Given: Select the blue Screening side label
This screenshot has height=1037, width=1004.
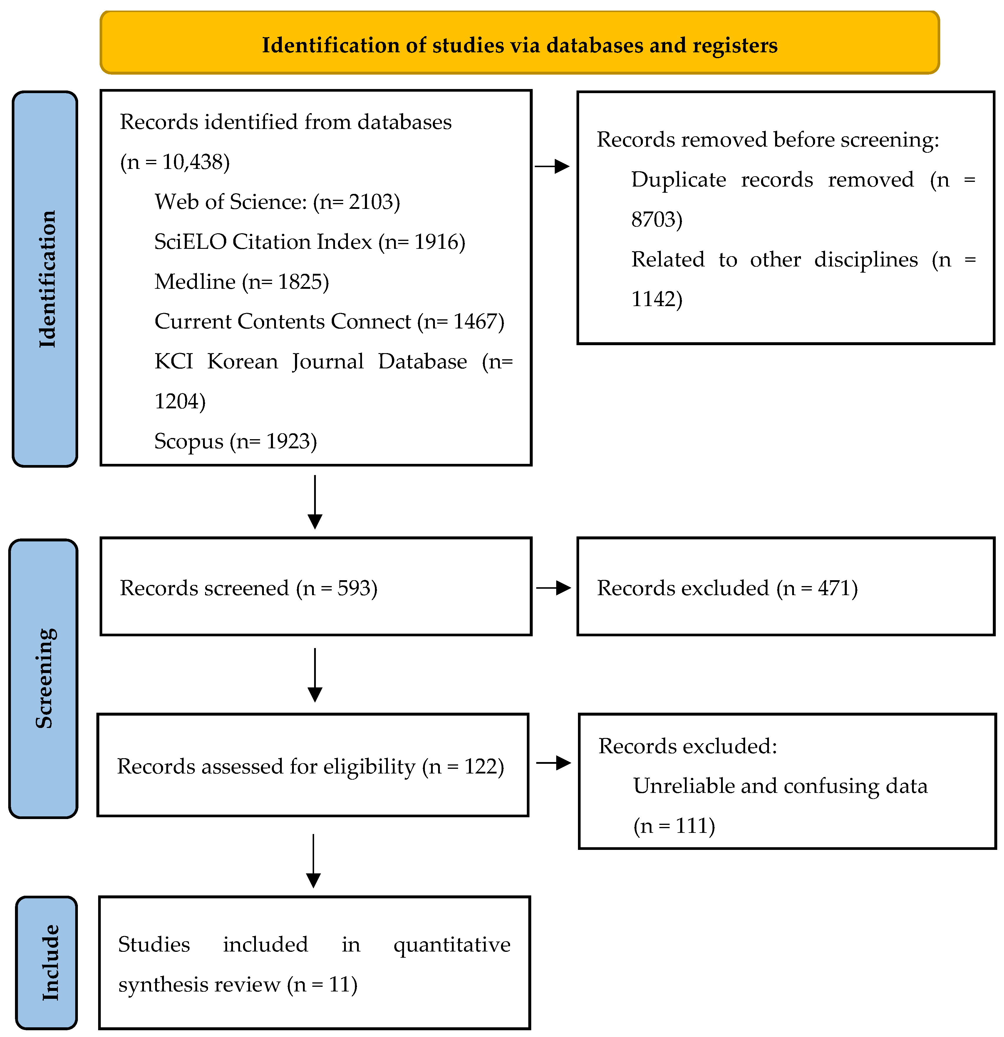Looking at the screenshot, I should point(44,678).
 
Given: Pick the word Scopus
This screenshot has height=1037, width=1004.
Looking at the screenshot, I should point(188,441).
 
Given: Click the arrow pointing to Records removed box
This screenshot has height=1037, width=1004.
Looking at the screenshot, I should point(552,166).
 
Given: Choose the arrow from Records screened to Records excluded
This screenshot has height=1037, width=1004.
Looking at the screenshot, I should point(554,588).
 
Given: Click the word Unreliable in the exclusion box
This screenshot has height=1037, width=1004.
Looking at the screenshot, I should point(683,786).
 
